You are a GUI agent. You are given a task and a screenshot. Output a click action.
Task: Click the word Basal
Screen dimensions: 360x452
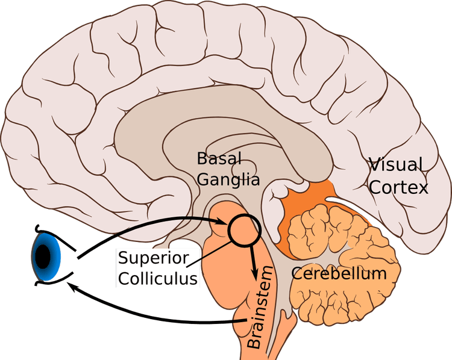(219, 159)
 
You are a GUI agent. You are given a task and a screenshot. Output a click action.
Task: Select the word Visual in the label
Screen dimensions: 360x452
(395, 164)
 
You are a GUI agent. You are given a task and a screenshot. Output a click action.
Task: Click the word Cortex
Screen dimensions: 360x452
(398, 187)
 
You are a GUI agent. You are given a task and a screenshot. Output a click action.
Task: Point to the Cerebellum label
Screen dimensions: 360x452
(339, 273)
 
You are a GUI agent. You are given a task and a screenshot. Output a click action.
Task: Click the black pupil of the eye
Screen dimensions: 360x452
(42, 257)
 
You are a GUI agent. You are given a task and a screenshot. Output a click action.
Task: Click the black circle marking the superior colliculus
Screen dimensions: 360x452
(243, 230)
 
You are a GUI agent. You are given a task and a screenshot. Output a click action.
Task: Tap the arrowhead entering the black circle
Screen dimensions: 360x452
(222, 223)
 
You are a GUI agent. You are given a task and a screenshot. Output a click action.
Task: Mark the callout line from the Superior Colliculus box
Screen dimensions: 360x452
(217, 250)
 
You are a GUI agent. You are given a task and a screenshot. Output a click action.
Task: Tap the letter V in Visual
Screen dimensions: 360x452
(375, 164)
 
